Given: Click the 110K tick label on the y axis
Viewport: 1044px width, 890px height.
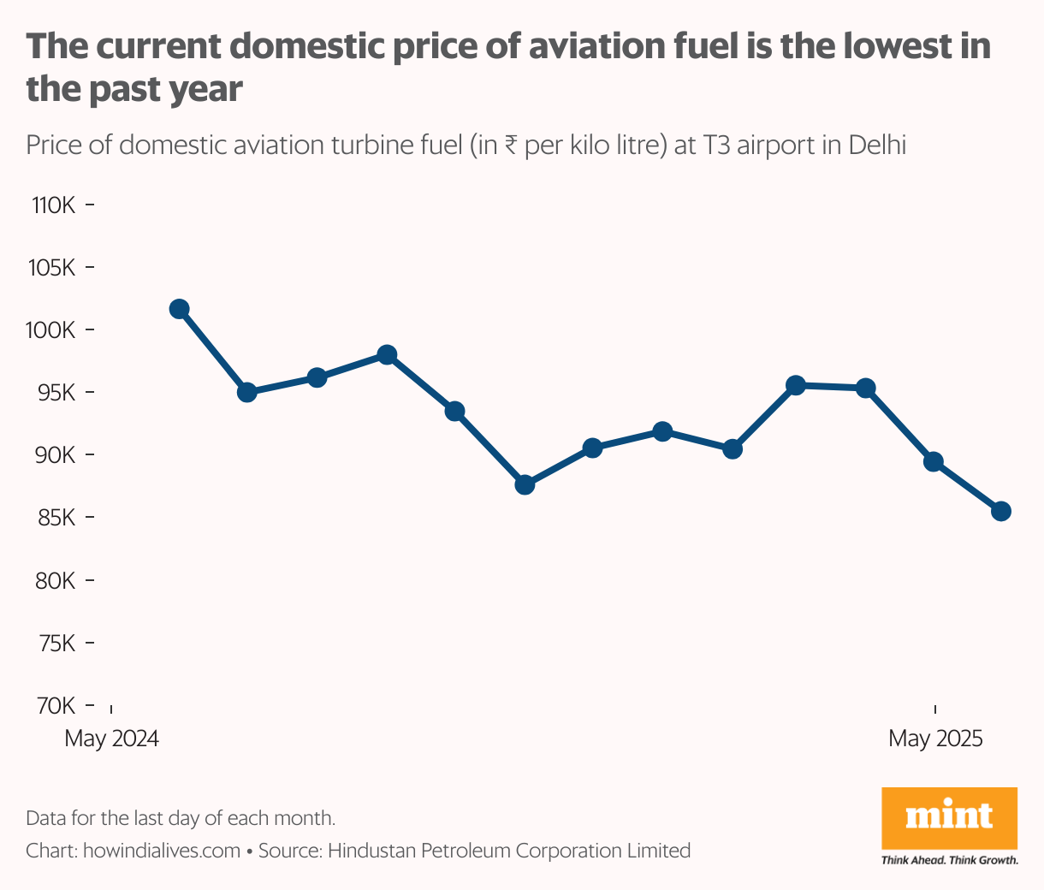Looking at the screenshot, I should coord(54,205).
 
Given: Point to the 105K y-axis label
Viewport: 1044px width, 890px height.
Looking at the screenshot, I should coord(53,268).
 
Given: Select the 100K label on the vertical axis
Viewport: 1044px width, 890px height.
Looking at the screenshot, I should coord(52,330).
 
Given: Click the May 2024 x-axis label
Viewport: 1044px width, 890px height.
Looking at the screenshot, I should coord(112,738).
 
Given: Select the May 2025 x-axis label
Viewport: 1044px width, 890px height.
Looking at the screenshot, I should coord(935,738).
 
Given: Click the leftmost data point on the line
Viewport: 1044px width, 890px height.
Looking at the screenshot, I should coord(179,309).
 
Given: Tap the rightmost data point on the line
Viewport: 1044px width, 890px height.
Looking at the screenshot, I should coord(1001,512).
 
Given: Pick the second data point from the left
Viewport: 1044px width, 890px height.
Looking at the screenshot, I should coord(247,393).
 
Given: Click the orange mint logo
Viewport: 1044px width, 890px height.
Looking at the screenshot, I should coord(949,817).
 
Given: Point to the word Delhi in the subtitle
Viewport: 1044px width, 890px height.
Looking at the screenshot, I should coord(877,145).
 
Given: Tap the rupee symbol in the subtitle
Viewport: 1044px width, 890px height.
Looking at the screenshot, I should coord(510,145).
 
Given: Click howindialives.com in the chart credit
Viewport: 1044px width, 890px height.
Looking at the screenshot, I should coord(162,851).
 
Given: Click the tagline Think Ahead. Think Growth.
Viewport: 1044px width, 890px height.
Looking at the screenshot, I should coord(950,859).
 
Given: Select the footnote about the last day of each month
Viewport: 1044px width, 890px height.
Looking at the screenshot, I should coord(181,817).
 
